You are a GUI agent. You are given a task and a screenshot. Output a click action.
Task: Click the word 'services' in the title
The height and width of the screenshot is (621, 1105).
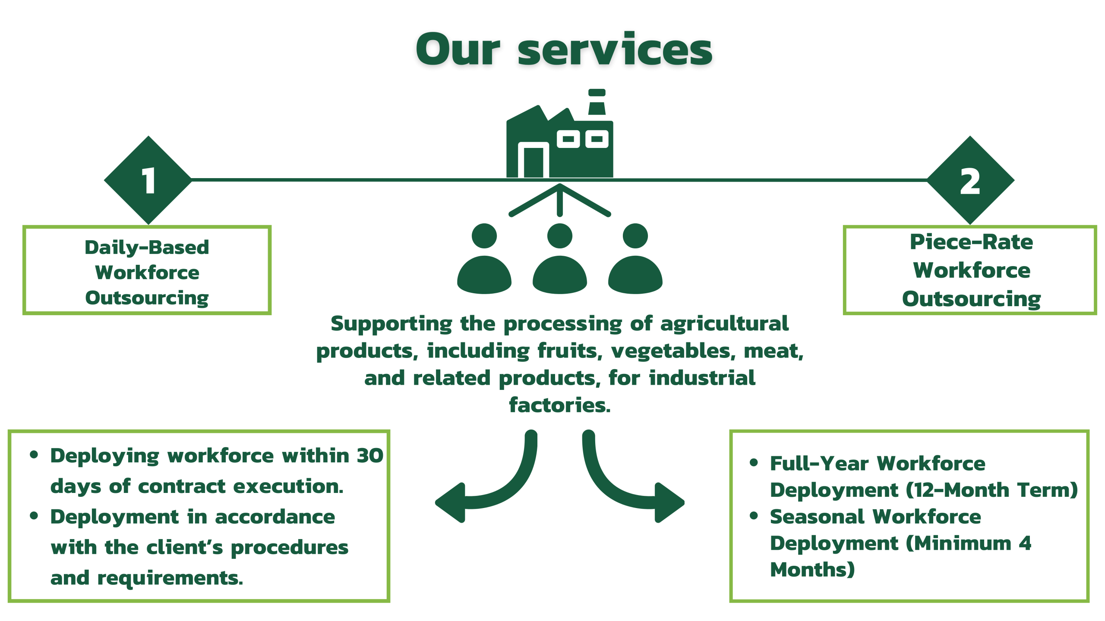[x=615, y=50]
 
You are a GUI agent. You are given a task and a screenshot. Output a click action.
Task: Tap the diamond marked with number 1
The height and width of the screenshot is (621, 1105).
[x=148, y=180]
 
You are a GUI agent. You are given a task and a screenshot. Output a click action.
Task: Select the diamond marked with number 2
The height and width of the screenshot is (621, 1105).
[x=970, y=180]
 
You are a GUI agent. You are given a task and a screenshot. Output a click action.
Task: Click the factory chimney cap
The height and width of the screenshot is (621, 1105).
[x=597, y=93]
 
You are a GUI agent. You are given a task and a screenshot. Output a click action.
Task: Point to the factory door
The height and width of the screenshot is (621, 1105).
[x=534, y=162]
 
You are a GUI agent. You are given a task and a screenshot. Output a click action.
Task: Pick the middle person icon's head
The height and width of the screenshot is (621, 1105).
[x=560, y=235]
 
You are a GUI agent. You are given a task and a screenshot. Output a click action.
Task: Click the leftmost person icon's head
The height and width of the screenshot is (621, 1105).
[x=484, y=235]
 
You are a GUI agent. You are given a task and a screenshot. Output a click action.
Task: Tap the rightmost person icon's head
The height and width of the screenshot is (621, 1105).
[x=635, y=235]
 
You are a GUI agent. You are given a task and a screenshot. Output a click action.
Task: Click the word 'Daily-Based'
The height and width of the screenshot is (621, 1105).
[x=147, y=248]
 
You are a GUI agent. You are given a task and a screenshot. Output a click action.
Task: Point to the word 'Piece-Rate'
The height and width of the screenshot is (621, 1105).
[x=971, y=242]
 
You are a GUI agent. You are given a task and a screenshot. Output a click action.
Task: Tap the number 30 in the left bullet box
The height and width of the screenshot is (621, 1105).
[x=370, y=456]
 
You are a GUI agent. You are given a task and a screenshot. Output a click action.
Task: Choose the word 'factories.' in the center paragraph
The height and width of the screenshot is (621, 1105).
[x=560, y=405]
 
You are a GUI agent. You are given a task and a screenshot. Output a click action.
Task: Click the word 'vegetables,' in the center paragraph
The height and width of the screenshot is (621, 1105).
[x=673, y=351]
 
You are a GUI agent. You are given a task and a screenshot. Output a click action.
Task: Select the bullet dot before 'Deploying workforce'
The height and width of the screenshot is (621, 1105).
[x=34, y=455]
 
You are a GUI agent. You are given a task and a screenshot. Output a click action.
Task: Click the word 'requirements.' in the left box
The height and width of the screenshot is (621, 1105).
[x=170, y=578]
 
